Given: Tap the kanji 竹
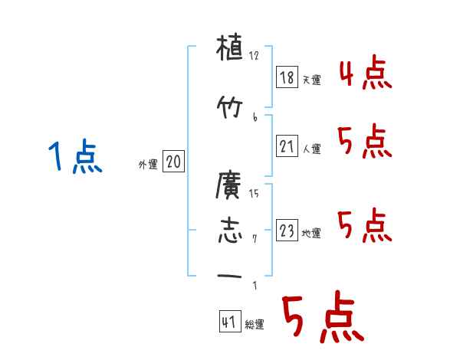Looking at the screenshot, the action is pyautogui.click(x=229, y=106).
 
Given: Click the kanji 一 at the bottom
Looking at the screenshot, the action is pyautogui.click(x=229, y=275).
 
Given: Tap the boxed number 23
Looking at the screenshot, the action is pyautogui.click(x=286, y=231).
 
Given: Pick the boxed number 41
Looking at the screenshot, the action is pyautogui.click(x=228, y=322).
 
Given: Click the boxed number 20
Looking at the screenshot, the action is pyautogui.click(x=173, y=162).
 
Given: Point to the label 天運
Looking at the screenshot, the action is pyautogui.click(x=312, y=80).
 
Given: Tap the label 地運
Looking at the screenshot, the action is pyautogui.click(x=311, y=234).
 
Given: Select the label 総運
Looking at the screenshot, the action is pyautogui.click(x=255, y=325).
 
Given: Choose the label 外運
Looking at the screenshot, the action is pyautogui.click(x=147, y=164).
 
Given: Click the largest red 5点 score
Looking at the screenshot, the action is pyautogui.click(x=321, y=319).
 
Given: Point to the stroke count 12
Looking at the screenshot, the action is pyautogui.click(x=255, y=56).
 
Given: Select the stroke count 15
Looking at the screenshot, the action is pyautogui.click(x=255, y=193).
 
